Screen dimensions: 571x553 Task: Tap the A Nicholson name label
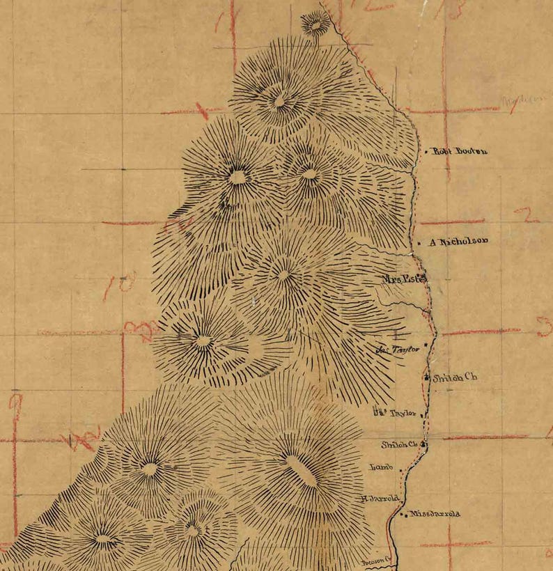click(x=458, y=242)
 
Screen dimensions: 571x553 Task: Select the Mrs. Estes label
click(x=403, y=279)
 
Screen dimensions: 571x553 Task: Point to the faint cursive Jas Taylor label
click(x=398, y=350)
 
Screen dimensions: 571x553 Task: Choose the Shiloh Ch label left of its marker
click(x=398, y=444)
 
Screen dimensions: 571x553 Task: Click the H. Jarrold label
click(x=380, y=499)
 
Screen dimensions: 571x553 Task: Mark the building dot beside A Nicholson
click(x=420, y=243)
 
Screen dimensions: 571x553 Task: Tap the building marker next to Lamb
click(x=401, y=471)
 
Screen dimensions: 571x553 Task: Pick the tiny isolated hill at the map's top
click(x=316, y=24)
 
